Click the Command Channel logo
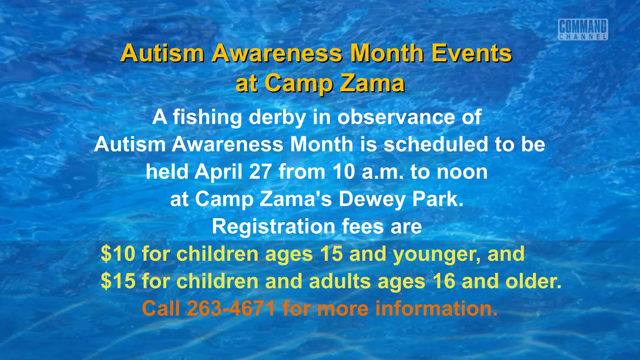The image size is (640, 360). [x=583, y=30]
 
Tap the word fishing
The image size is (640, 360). [x=207, y=117]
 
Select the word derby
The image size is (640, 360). [x=277, y=117]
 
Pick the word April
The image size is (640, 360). [x=218, y=172]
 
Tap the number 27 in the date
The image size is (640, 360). [x=260, y=172]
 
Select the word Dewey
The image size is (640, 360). [x=372, y=199]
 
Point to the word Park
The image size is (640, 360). [x=437, y=199]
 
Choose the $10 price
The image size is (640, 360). [x=118, y=254]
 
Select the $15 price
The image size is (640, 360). [x=118, y=281]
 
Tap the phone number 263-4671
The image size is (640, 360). [x=231, y=308]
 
